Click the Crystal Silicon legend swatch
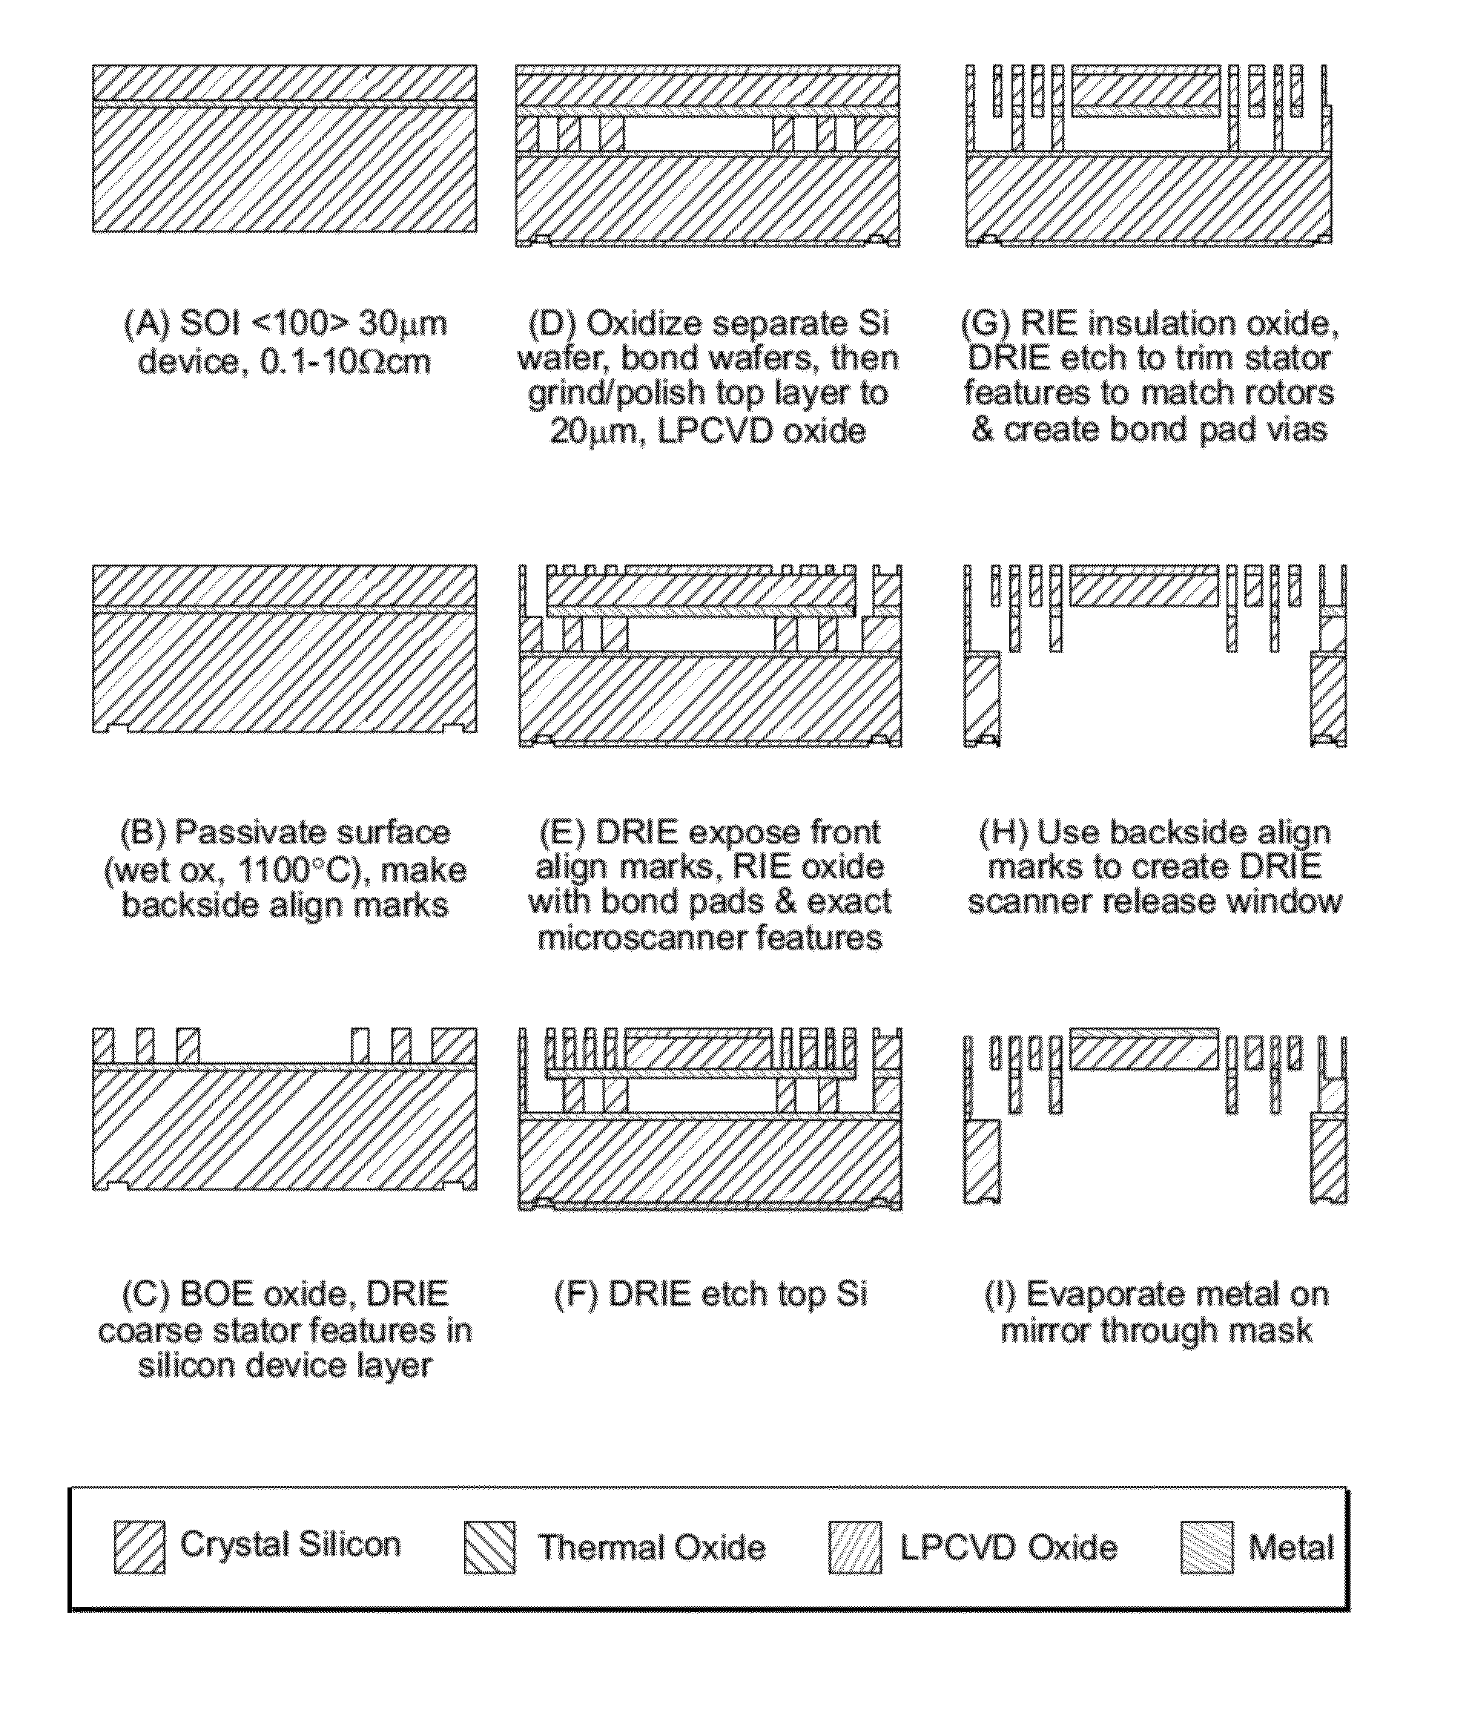click(x=139, y=1548)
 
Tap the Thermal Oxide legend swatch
click(x=489, y=1548)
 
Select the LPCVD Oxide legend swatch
click(x=854, y=1548)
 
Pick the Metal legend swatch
click(x=1206, y=1548)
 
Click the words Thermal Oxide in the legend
click(x=652, y=1548)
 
